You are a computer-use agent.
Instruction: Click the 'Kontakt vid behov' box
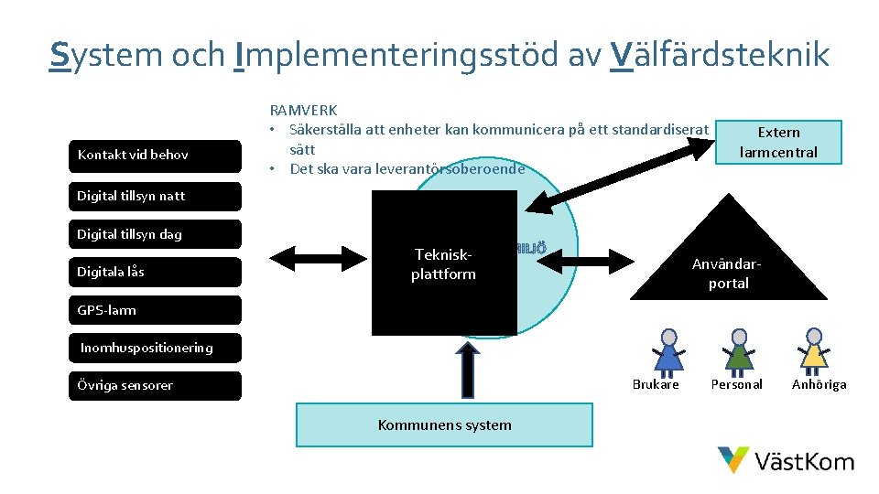click(155, 155)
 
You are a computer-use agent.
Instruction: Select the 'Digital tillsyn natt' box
click(155, 196)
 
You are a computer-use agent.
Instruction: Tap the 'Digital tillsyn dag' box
click(155, 234)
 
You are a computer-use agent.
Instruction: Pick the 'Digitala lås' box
click(155, 272)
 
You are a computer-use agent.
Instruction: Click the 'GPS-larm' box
click(155, 310)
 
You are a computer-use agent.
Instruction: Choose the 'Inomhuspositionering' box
click(155, 348)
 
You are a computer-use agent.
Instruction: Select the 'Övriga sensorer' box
click(155, 385)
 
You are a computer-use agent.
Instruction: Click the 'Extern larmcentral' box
click(778, 142)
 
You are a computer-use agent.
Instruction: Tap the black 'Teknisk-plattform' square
click(444, 263)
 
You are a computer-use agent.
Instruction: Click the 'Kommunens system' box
click(444, 424)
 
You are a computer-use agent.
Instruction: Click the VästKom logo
click(786, 460)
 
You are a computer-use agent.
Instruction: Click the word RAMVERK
click(303, 111)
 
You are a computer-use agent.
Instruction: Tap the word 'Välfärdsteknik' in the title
click(719, 55)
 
